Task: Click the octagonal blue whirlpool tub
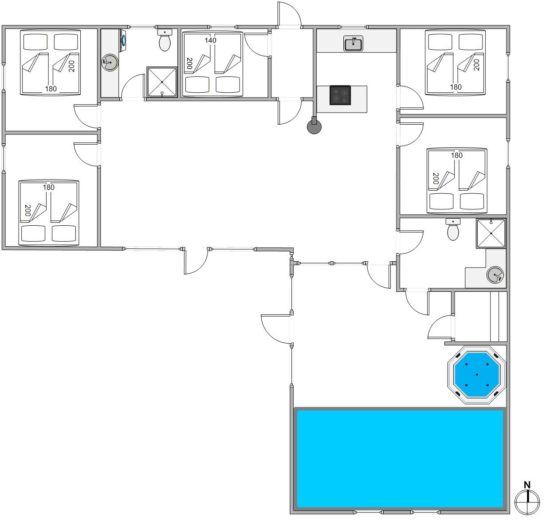(x=476, y=374)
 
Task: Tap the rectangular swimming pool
(x=400, y=459)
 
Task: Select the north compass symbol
(x=527, y=502)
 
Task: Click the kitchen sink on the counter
(x=353, y=43)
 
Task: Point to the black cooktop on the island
(x=340, y=95)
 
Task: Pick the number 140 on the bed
(x=211, y=40)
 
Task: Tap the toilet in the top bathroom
(x=165, y=40)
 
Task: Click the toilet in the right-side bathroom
(x=453, y=229)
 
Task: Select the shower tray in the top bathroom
(x=162, y=82)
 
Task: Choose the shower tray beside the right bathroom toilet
(x=491, y=233)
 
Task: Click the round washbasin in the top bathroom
(x=110, y=62)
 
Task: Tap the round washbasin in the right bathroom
(x=495, y=275)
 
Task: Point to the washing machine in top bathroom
(x=123, y=40)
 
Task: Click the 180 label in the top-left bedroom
(x=51, y=89)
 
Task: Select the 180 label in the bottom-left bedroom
(x=49, y=187)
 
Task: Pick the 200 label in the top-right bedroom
(x=476, y=65)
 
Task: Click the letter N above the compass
(x=527, y=485)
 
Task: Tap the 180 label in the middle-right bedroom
(x=457, y=155)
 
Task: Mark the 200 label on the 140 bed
(x=189, y=63)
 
